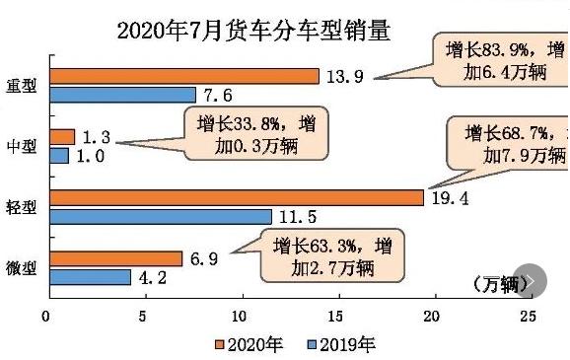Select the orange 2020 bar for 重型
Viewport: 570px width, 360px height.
click(183, 76)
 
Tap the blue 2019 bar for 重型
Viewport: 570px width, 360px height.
click(122, 95)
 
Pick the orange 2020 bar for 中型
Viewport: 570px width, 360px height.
click(61, 137)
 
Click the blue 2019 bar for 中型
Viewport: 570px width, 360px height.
click(58, 155)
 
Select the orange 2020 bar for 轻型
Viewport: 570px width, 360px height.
click(236, 197)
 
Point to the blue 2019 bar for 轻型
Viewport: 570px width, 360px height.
click(160, 216)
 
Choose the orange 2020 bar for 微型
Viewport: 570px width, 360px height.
click(114, 258)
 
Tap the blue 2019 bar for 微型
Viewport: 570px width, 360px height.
click(89, 277)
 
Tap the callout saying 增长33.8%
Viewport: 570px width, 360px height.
click(255, 135)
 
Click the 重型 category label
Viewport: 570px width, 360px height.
click(22, 86)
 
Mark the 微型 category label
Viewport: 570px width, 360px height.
click(22, 268)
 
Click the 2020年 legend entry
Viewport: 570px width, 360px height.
click(247, 344)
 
